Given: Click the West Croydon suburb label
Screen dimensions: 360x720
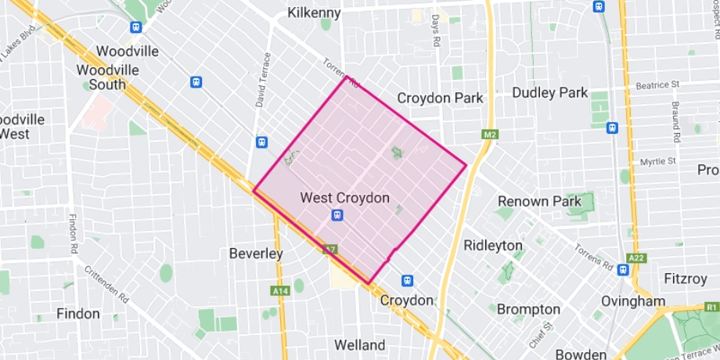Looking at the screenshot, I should (x=344, y=198).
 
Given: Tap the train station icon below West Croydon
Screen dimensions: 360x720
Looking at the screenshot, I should (x=337, y=215).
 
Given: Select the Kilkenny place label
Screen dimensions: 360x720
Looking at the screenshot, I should (x=314, y=13).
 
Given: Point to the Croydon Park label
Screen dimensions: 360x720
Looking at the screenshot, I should (x=440, y=99).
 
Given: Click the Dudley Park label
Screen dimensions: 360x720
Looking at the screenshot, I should (x=549, y=92).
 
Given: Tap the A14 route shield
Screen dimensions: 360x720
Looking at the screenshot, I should (x=279, y=291).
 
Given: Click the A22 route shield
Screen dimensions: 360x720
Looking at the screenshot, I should (x=638, y=258).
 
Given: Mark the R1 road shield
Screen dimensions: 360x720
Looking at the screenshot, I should (x=711, y=307).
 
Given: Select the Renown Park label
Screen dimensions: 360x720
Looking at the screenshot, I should (x=539, y=201).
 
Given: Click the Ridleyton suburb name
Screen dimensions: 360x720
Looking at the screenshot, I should (x=493, y=245).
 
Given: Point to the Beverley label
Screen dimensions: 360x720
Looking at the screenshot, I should (x=256, y=254).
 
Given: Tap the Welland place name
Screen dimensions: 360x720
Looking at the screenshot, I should (x=359, y=344).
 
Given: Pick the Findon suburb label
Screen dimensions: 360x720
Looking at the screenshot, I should (x=78, y=314).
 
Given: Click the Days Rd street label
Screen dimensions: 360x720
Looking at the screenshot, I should (x=436, y=29).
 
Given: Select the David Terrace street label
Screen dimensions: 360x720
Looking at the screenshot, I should (x=267, y=80).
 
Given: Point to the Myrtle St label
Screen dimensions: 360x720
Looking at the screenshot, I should (x=657, y=161).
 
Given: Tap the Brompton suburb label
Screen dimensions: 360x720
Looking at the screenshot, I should (x=528, y=309).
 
